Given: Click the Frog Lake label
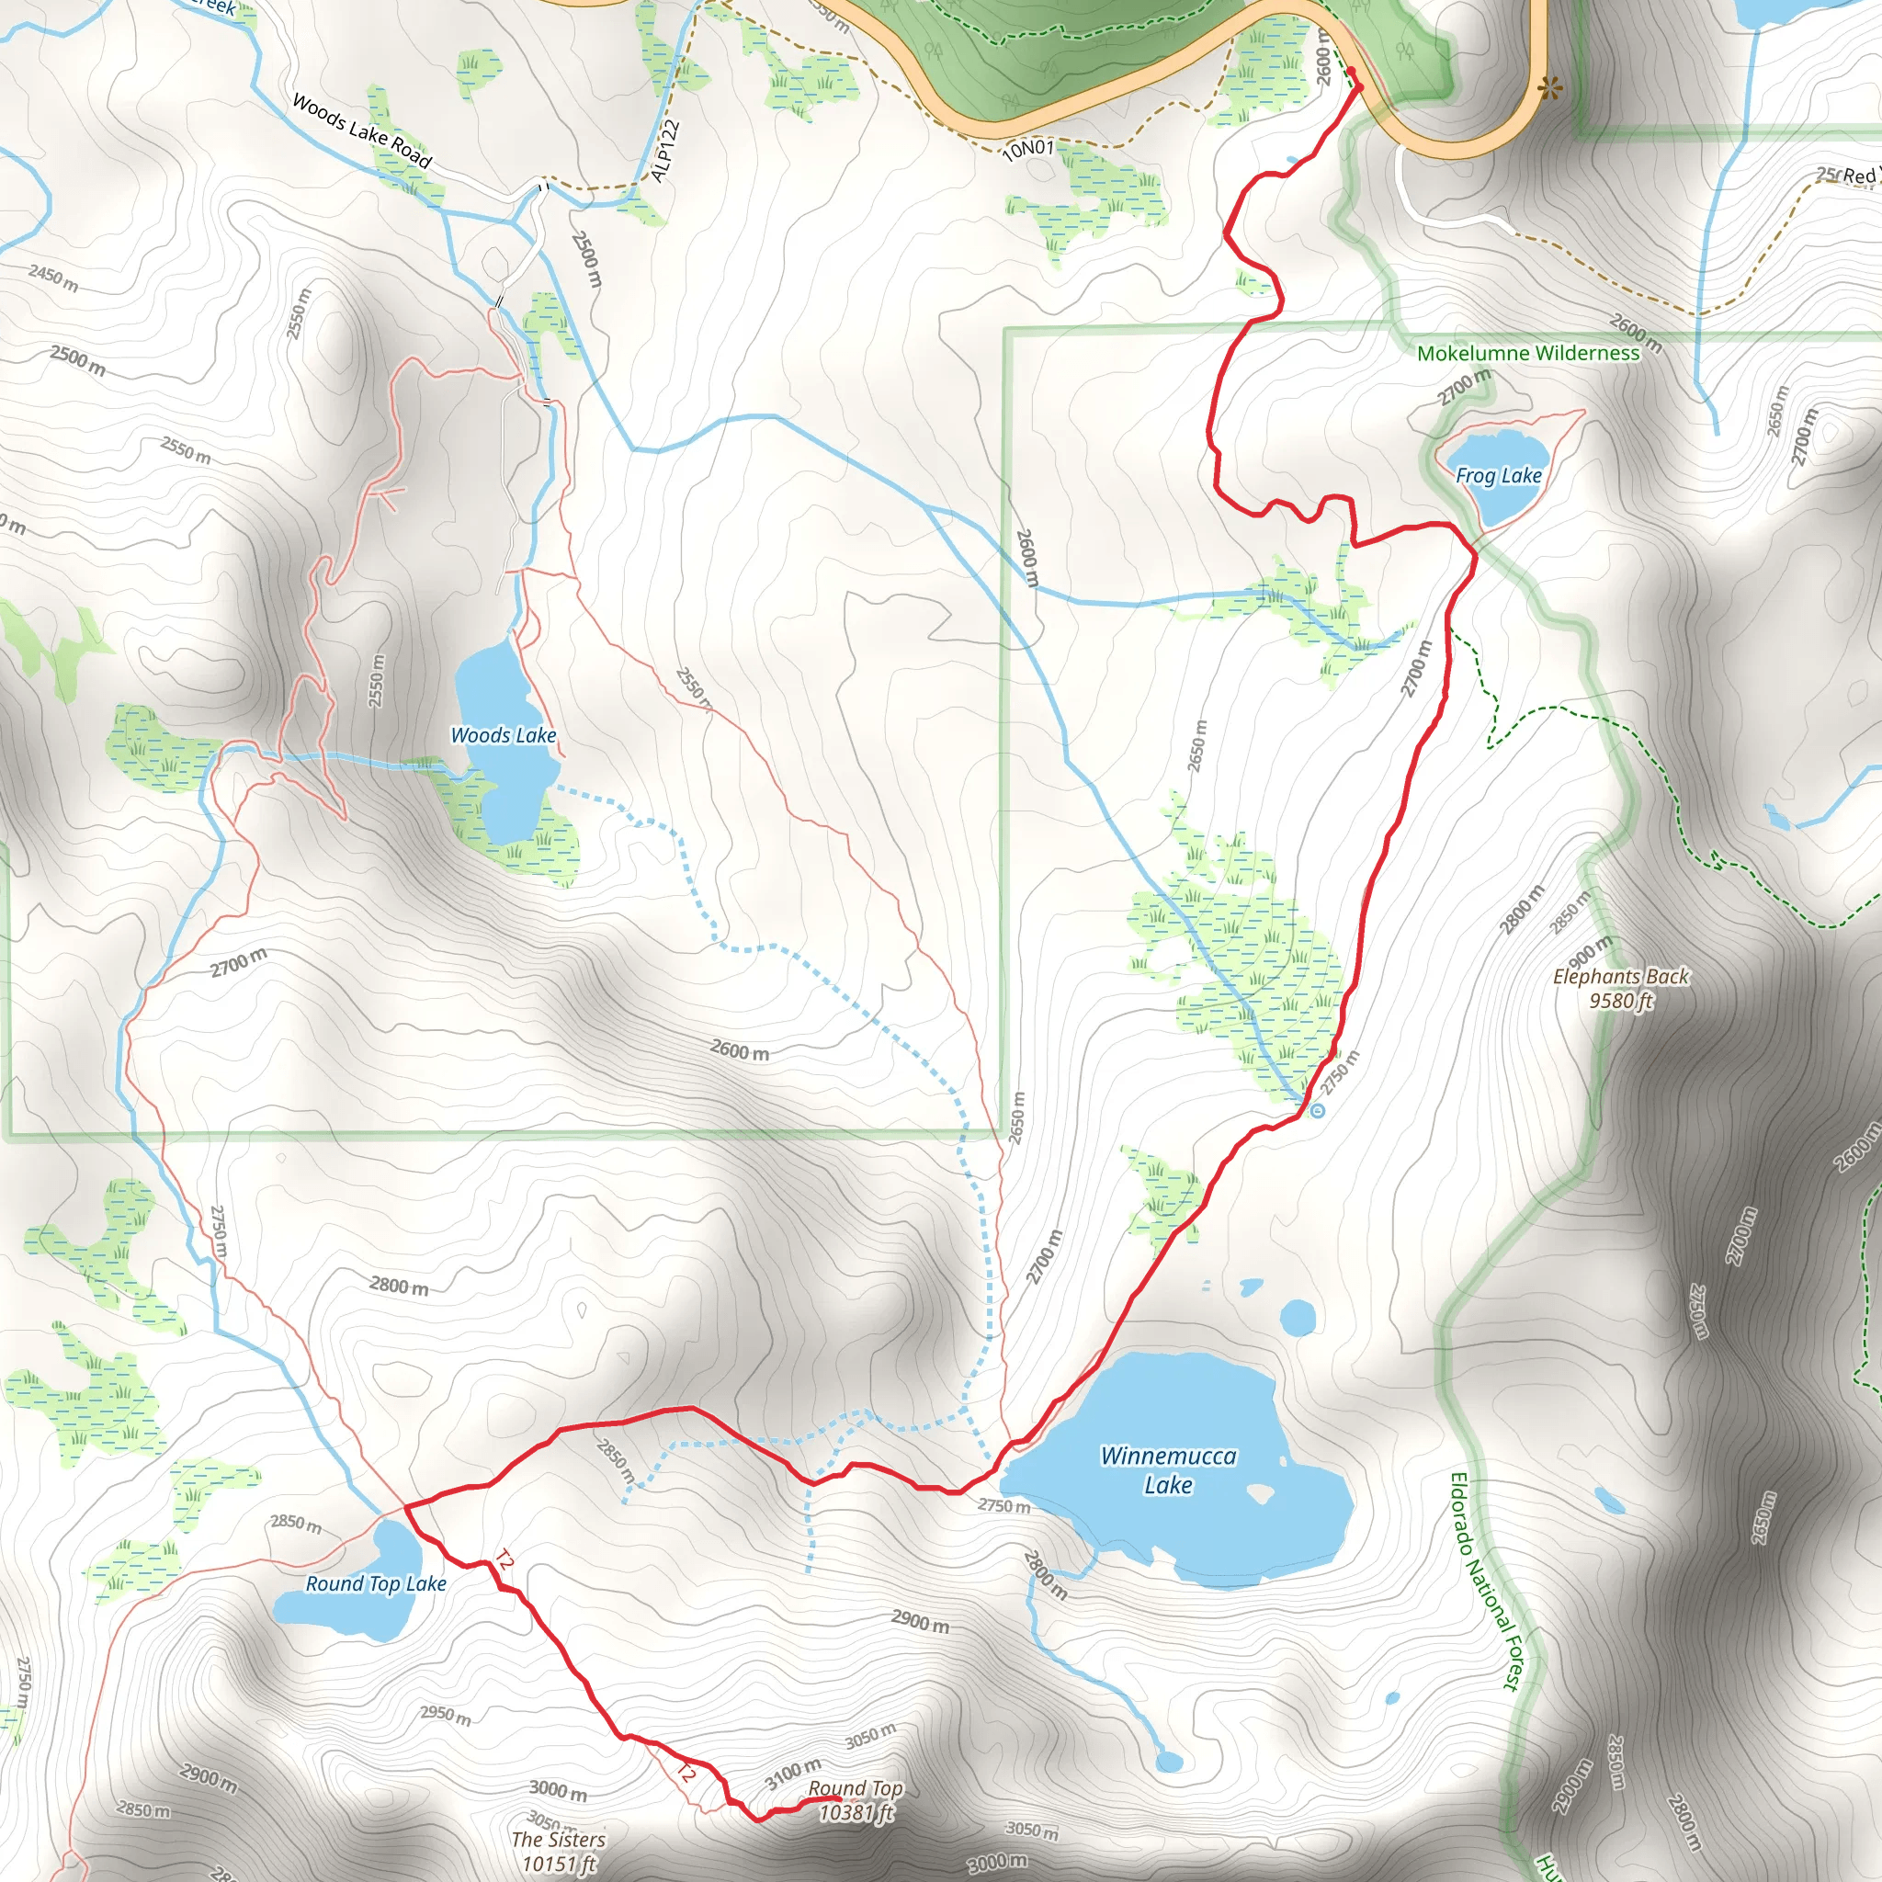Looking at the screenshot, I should click(x=1498, y=475).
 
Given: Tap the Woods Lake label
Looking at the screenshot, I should click(x=503, y=735).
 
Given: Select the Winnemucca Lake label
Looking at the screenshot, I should click(x=1168, y=1470).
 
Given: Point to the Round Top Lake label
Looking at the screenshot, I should click(x=376, y=1584).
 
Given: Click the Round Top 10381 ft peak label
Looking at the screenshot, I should click(x=856, y=1800).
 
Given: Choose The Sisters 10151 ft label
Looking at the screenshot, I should click(x=558, y=1851).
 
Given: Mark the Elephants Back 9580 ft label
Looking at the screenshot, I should click(x=1621, y=988).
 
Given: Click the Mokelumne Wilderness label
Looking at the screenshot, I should click(x=1528, y=354).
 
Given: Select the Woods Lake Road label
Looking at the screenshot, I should click(x=361, y=130).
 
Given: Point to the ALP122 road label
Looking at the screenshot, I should click(x=664, y=151).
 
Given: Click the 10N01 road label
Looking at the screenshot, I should click(x=1028, y=148).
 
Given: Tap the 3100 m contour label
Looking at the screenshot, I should click(x=793, y=1773).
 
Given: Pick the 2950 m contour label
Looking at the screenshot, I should click(x=445, y=1715).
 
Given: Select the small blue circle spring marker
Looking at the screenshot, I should click(x=1318, y=1110).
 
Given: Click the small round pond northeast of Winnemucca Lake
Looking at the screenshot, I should click(x=1298, y=1318).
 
